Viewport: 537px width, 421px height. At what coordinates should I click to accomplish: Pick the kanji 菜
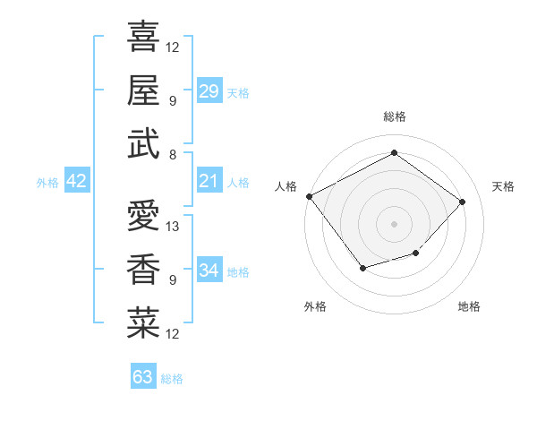click(143, 322)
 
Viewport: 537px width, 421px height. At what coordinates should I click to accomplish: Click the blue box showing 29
click(209, 91)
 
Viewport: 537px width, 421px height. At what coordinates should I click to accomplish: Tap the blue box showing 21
click(209, 182)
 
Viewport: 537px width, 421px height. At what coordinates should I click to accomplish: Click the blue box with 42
click(77, 182)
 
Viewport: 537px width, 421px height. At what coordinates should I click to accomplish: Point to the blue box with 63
click(143, 377)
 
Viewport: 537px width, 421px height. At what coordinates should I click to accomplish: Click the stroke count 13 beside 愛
click(174, 227)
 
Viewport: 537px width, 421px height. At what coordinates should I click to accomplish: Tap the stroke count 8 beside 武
click(172, 155)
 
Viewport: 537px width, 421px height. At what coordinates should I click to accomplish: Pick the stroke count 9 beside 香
click(172, 280)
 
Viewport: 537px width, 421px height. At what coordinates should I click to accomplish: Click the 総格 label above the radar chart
click(394, 116)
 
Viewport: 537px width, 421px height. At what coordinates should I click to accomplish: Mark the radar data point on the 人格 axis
click(310, 196)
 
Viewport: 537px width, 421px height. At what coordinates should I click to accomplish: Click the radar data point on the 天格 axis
click(462, 202)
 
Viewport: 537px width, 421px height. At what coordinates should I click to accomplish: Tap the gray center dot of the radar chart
click(394, 223)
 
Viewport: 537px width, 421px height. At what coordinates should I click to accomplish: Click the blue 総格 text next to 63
click(172, 379)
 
